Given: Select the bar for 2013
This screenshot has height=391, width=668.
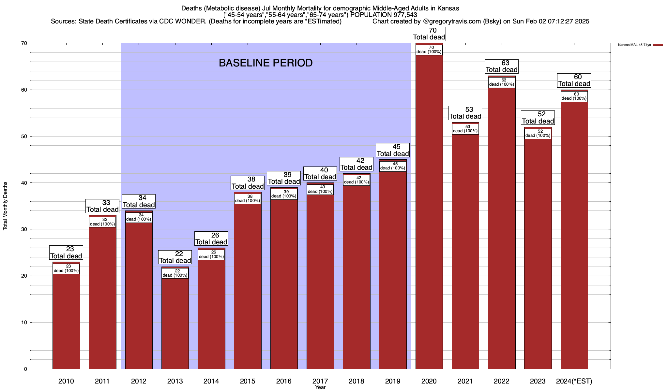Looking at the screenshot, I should pos(175,323).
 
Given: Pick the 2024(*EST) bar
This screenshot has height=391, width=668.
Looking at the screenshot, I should pos(574,235).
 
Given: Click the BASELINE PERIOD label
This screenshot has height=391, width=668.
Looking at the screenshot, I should pos(266,63).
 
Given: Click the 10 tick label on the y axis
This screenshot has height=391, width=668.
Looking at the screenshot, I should pos(24,323).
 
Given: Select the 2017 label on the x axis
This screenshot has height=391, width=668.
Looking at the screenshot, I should pos(320,381).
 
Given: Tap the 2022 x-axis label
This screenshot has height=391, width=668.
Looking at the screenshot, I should pos(502,381).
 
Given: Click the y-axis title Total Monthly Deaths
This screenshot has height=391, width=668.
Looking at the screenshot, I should pos(5,206).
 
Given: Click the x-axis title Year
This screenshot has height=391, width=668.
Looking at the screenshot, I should pos(320,387).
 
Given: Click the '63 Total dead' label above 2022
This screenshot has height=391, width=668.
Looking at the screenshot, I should pos(502,66).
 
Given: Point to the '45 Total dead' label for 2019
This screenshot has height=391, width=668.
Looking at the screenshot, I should pos(393,150).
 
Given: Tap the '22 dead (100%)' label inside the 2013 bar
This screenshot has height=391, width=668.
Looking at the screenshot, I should pos(175,273).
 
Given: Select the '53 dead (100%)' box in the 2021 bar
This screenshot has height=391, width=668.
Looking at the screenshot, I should pos(465,129).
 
